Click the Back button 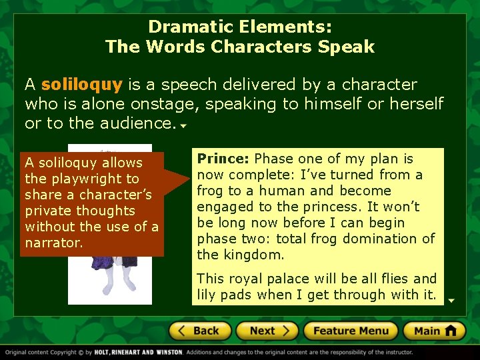(199, 331)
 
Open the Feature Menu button (351, 331)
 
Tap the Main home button (435, 331)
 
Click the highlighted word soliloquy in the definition (82, 85)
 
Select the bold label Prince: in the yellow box (223, 159)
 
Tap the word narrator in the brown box (54, 243)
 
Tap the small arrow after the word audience (182, 125)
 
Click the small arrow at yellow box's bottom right (451, 301)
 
